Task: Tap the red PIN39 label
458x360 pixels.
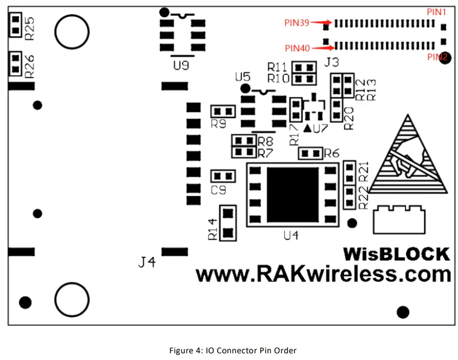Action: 297,23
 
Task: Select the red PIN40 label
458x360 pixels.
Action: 297,48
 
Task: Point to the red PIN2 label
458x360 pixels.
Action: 437,56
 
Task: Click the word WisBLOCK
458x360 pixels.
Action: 396,255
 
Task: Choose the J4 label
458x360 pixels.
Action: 147,261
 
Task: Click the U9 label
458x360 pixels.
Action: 180,66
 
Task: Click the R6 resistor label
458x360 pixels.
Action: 332,152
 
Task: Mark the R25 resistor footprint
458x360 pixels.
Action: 15,25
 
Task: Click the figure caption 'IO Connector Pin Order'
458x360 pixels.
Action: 232,351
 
